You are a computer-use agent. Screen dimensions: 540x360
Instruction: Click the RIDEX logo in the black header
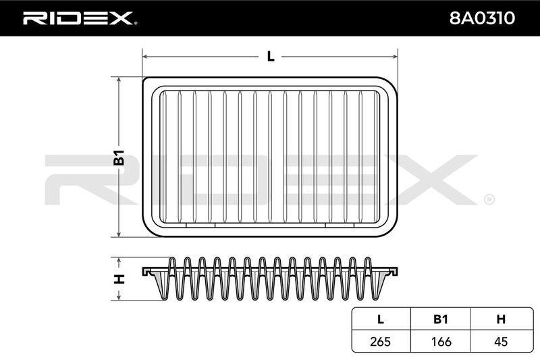[x=80, y=18]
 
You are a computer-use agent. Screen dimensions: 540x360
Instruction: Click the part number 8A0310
[x=482, y=18]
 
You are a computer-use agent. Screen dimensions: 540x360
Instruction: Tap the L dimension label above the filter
[x=271, y=57]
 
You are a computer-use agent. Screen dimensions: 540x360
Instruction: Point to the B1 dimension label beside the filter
[x=119, y=157]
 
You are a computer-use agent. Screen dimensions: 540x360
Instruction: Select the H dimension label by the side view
[x=119, y=278]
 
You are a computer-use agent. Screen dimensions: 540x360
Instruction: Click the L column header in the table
[x=381, y=319]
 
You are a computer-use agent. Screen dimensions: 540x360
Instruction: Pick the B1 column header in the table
[x=441, y=319]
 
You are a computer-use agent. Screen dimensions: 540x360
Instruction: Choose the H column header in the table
[x=501, y=319]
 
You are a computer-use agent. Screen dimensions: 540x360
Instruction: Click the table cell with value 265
[x=381, y=341]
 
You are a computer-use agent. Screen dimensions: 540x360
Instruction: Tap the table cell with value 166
[x=441, y=341]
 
